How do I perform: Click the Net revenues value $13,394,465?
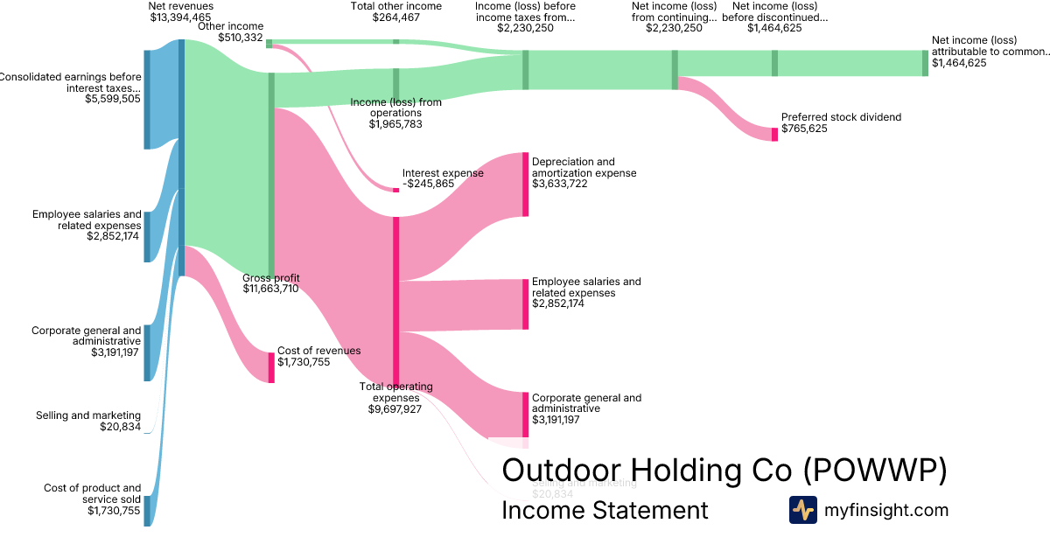point(180,17)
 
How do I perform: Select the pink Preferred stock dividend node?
point(774,134)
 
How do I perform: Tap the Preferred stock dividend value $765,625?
point(804,129)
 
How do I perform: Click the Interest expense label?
point(443,173)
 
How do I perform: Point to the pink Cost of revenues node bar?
point(271,366)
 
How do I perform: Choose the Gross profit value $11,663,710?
point(270,289)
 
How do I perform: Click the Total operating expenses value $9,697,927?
point(395,408)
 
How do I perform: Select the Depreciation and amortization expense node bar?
point(525,185)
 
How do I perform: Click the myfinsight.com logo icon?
point(802,510)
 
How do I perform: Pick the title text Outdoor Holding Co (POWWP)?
point(724,471)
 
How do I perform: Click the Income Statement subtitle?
point(605,510)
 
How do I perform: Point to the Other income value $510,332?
point(241,38)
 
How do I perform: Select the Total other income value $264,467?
point(395,17)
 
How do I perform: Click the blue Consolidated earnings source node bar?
point(147,100)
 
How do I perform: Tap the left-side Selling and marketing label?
point(87,415)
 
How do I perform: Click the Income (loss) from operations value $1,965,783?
point(395,124)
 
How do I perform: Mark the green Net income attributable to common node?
point(925,63)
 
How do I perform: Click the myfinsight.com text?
point(886,510)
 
